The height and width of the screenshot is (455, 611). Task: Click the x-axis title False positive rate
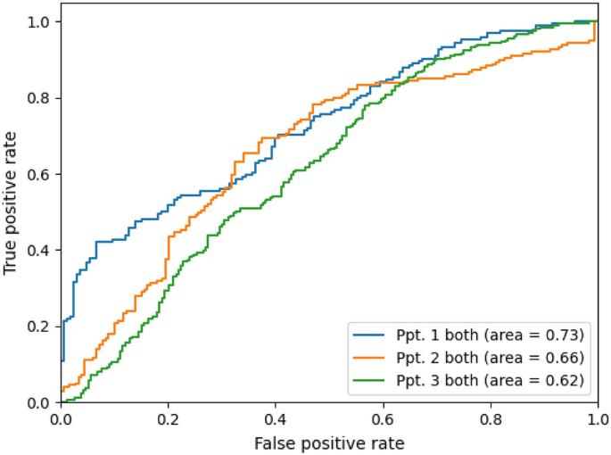(x=329, y=443)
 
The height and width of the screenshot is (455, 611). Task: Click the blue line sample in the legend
(x=371, y=335)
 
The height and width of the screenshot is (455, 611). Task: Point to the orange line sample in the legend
(x=371, y=358)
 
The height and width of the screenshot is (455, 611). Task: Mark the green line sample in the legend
(x=371, y=380)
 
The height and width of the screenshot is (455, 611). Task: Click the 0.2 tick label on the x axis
(x=169, y=418)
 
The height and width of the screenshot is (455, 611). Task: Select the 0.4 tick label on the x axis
(x=276, y=418)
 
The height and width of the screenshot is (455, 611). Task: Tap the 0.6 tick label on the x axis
(x=383, y=418)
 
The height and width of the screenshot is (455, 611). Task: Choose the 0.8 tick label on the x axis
(x=490, y=418)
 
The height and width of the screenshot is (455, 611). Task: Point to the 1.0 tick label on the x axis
(x=597, y=418)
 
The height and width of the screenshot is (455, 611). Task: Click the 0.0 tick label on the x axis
(x=62, y=418)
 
